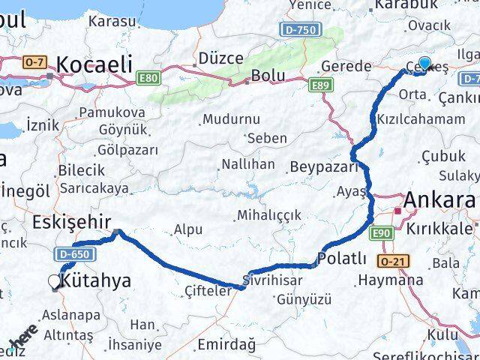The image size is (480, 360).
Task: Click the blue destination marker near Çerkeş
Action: coord(424,64)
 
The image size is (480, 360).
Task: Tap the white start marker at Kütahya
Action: coord(55,281)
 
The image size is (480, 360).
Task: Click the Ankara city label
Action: coord(440,201)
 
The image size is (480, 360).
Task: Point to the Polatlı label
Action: coord(342,259)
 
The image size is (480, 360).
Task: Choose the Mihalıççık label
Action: coord(268,215)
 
